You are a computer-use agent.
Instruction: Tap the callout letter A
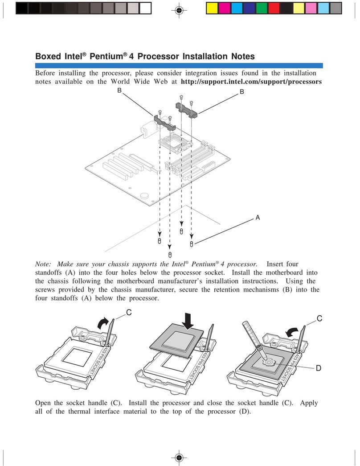tap(257, 218)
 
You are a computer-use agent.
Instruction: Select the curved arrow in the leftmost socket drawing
tap(104, 322)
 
